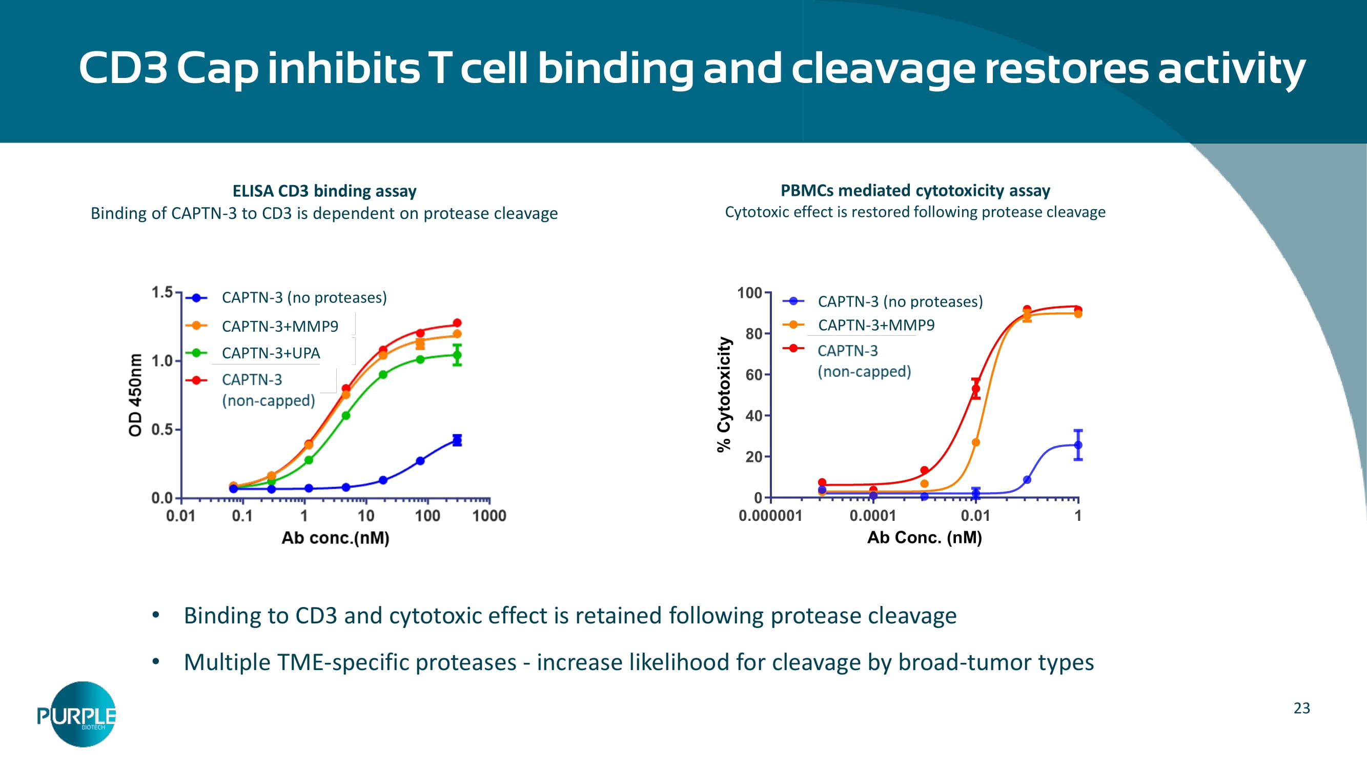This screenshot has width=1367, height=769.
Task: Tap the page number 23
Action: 1301,708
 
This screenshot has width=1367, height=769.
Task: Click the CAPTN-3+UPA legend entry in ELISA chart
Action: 270,353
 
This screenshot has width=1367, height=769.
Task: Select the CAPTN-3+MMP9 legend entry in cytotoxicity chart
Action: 875,325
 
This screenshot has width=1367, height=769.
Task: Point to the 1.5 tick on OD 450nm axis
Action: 162,292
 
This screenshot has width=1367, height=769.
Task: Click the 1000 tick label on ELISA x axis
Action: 489,515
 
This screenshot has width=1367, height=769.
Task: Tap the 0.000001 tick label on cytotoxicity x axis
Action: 770,515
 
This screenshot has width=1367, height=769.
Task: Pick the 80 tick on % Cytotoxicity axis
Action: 753,334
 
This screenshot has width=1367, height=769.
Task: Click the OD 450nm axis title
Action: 136,395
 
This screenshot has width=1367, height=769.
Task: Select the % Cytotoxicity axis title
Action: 724,394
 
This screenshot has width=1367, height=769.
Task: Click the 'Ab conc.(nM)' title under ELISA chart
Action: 335,538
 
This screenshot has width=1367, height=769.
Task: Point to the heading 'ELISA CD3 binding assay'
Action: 324,191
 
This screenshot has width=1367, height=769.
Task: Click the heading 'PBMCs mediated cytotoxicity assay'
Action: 915,190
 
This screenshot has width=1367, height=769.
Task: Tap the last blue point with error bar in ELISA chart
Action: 457,440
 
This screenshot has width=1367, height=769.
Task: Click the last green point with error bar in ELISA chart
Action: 457,355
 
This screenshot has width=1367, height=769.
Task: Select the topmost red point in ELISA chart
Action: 457,322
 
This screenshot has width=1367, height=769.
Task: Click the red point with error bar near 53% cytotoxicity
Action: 975,389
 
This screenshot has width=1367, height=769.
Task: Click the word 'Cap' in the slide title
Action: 217,69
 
